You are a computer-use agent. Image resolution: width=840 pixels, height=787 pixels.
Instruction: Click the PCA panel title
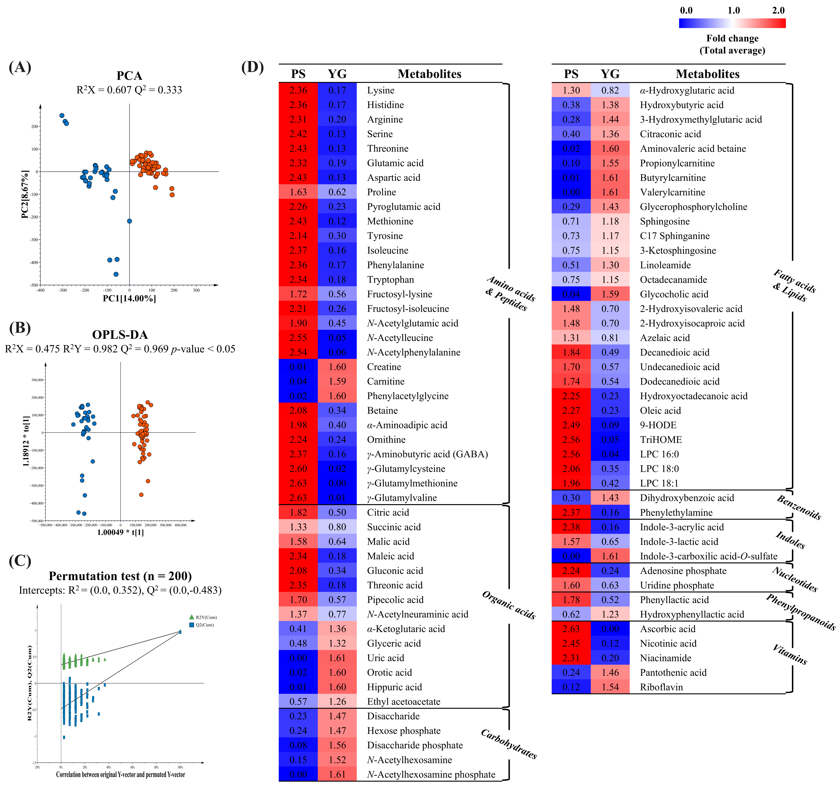129,76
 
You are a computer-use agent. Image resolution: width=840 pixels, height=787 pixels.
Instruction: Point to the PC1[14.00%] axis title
129,299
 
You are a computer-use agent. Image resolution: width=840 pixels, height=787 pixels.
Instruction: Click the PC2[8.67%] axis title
25,194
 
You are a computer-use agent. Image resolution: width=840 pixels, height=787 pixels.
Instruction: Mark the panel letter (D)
252,67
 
